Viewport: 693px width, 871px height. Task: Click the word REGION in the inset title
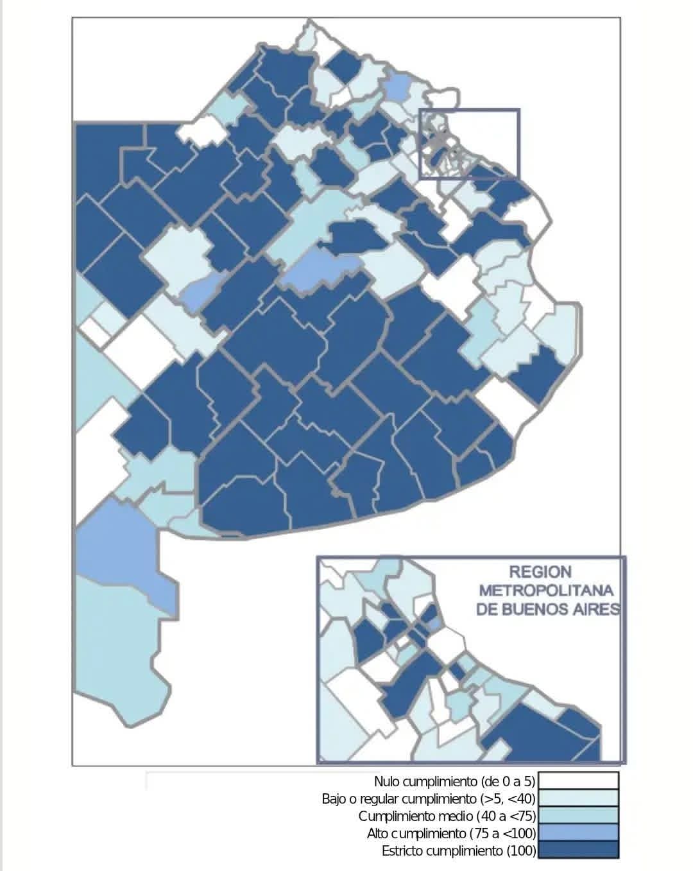coord(540,571)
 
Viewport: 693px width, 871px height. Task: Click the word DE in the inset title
coord(488,608)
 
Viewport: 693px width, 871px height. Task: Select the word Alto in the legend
coord(378,834)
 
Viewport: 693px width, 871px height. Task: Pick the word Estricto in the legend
coord(400,851)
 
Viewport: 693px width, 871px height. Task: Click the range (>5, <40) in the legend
coord(507,799)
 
